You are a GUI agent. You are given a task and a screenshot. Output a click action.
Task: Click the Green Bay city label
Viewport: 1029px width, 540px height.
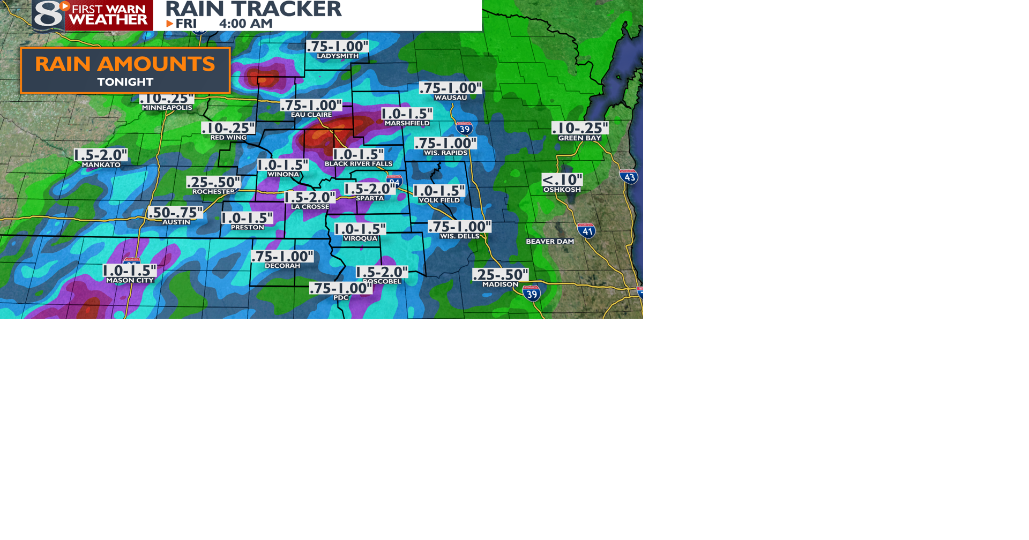(x=579, y=138)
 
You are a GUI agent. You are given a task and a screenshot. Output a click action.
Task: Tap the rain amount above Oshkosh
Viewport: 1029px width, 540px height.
(x=562, y=179)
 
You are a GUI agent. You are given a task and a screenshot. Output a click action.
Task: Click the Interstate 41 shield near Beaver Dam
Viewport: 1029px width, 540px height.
(x=586, y=231)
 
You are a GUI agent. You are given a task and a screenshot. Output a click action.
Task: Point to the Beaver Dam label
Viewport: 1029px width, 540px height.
(x=549, y=242)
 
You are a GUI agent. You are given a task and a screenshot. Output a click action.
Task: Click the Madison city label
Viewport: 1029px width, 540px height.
(x=500, y=284)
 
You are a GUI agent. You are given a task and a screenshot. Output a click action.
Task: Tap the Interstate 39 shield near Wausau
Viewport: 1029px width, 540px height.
(x=464, y=128)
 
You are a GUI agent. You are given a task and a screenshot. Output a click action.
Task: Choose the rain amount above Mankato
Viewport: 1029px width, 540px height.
(x=101, y=155)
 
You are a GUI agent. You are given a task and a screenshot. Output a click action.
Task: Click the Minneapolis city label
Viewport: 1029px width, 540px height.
(x=167, y=108)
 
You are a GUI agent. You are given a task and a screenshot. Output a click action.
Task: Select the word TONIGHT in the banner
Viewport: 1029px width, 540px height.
(x=125, y=82)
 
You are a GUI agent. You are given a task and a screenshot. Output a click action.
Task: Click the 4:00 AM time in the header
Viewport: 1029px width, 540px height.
(x=245, y=24)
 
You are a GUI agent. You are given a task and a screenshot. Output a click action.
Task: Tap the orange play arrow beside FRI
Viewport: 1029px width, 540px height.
(x=170, y=24)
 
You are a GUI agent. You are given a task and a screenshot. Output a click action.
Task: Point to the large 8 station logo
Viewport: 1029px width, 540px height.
(x=48, y=14)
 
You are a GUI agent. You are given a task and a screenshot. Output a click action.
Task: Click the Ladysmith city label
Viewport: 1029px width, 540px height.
(x=338, y=56)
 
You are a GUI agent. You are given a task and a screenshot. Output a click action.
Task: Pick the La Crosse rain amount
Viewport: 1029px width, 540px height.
(x=310, y=197)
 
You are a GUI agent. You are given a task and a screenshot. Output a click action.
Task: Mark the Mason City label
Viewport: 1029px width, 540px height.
(x=130, y=281)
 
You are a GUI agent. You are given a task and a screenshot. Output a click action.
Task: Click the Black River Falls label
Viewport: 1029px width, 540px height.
(x=358, y=164)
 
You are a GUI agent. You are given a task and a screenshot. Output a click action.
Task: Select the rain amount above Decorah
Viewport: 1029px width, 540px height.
(x=282, y=256)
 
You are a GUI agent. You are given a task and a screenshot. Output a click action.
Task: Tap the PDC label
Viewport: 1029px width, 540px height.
(x=341, y=298)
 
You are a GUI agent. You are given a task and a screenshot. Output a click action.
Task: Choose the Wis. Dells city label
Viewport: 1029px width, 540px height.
(x=459, y=236)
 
